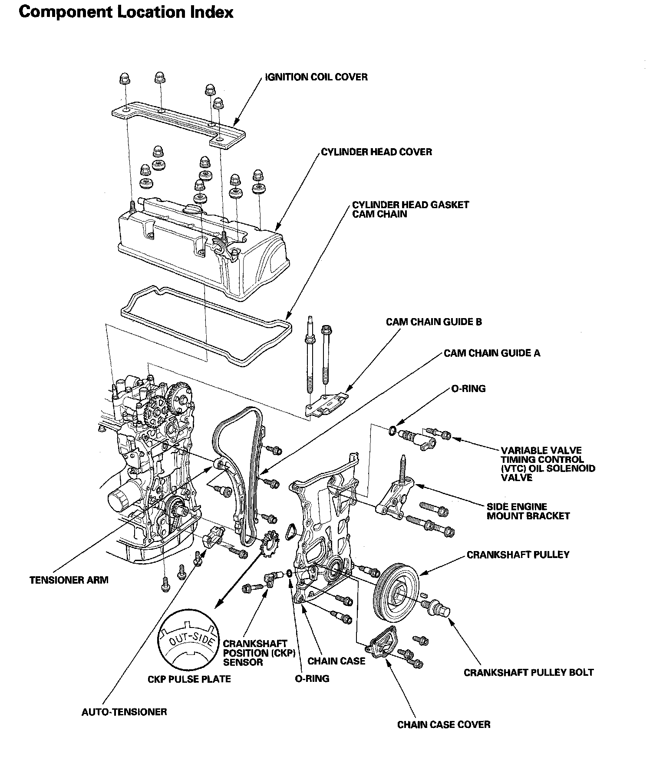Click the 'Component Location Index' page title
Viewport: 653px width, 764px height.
[x=126, y=12]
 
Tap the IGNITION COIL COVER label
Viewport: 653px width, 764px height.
[x=316, y=77]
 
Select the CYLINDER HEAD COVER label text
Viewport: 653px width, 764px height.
[x=376, y=152]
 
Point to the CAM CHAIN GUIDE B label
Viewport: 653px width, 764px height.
[x=434, y=322]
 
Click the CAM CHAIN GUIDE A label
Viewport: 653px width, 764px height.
[x=492, y=353]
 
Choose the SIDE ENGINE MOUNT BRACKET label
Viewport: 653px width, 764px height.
[x=528, y=511]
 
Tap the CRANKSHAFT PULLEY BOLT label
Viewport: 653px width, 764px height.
[x=528, y=673]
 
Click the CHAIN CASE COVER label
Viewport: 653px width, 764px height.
[x=444, y=724]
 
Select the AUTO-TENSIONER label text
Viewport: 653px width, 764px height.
[x=124, y=712]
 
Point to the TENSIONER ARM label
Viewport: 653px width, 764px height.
[x=69, y=580]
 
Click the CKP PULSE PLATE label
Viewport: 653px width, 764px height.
[x=189, y=679]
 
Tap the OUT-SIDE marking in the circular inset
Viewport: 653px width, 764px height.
[x=191, y=641]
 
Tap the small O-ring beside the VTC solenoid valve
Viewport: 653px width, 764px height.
[x=392, y=431]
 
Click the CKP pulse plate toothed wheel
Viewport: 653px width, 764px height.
[x=269, y=545]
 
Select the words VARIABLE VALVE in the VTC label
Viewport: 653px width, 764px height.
[x=541, y=451]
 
